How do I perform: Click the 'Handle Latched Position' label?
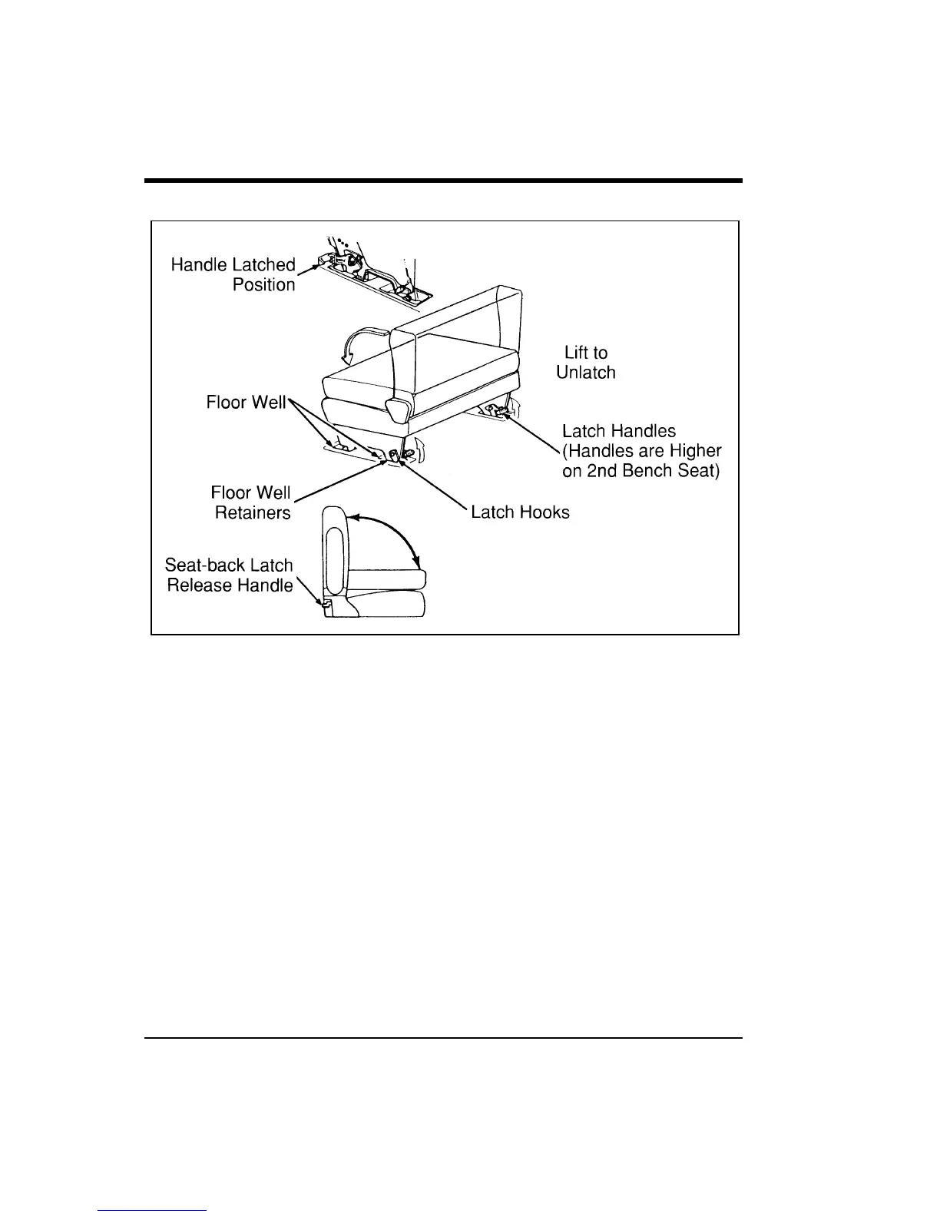[233, 274]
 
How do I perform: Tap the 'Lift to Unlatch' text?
[586, 363]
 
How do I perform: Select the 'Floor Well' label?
[246, 403]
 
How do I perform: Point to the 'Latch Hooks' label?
[520, 512]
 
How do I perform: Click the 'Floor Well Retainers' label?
[252, 502]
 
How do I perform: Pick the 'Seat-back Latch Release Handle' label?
[230, 575]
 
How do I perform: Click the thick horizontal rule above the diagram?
[444, 181]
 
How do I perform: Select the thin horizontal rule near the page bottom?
[444, 1038]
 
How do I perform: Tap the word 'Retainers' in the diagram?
[253, 513]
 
